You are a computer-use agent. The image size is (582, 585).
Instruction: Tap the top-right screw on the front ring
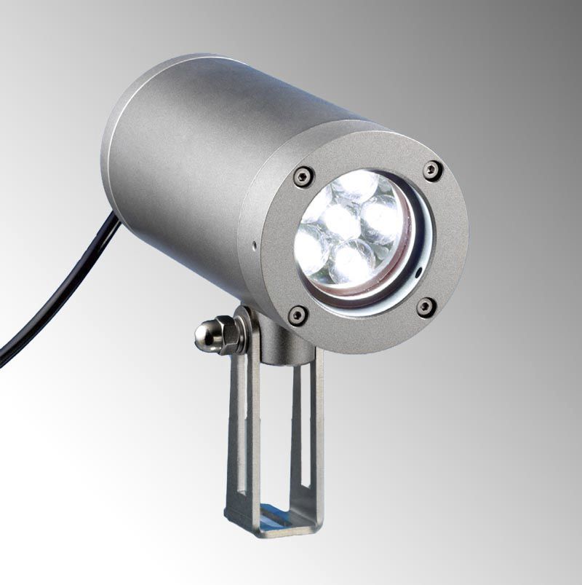point(432,170)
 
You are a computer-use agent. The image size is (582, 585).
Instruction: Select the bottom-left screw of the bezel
point(298,315)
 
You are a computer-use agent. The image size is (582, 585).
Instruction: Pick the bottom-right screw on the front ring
point(426,307)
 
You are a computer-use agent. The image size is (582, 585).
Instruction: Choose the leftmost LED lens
point(311,248)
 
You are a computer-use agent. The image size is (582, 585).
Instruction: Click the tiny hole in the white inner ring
point(418,275)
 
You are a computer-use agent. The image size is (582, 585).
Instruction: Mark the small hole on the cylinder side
point(253,246)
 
